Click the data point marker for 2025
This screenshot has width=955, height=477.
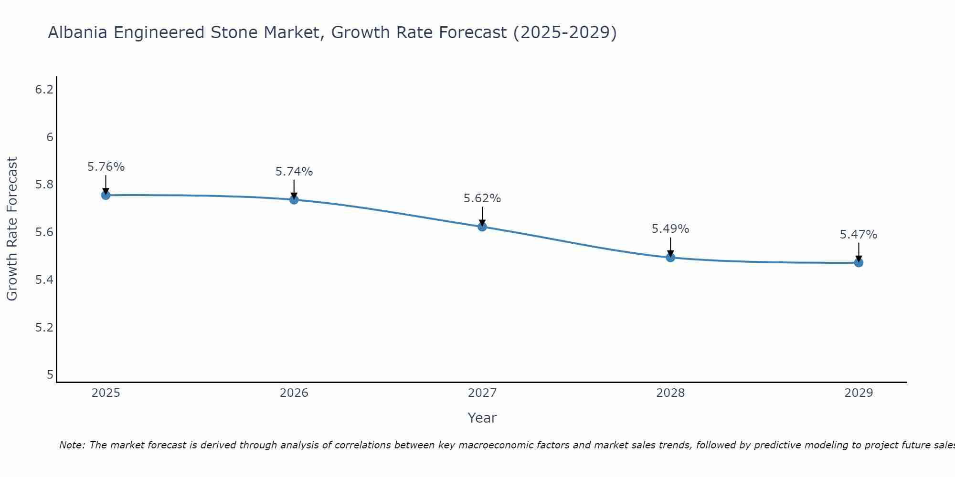[106, 195]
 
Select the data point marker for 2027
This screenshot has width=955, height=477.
[482, 227]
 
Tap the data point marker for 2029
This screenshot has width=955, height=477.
[859, 262]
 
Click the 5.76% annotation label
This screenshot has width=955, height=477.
[106, 167]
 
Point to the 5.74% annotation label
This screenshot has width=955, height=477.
[294, 172]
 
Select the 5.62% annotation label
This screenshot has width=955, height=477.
[482, 198]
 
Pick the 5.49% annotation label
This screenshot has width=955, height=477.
[670, 229]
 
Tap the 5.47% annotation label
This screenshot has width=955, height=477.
[859, 235]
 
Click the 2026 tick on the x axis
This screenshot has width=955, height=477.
[294, 393]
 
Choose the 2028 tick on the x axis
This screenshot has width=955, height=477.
[670, 393]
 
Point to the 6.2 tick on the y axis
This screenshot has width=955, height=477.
[44, 90]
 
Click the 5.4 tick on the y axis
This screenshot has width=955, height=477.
[44, 280]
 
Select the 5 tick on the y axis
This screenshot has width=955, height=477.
[50, 375]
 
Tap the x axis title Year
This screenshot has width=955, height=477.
[482, 418]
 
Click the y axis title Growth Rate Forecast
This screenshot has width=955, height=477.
[12, 229]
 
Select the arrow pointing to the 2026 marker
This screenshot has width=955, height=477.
[294, 189]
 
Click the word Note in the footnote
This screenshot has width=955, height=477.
[72, 445]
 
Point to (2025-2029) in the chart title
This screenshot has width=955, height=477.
[564, 32]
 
